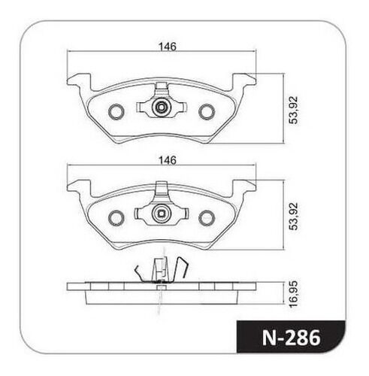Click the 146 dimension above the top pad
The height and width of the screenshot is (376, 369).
(x=168, y=47)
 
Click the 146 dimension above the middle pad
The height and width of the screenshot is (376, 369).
(x=168, y=160)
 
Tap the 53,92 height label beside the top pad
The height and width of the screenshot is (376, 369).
(x=293, y=110)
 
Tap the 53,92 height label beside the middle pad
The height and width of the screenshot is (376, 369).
(x=293, y=216)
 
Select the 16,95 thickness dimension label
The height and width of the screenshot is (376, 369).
(x=293, y=294)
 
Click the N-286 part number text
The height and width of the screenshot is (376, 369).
(x=292, y=338)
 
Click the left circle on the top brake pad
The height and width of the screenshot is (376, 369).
(x=116, y=111)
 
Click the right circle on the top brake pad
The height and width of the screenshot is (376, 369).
(x=207, y=111)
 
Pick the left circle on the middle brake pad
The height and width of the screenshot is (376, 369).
(x=116, y=218)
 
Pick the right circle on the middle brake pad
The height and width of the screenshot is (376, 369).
(x=207, y=218)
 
